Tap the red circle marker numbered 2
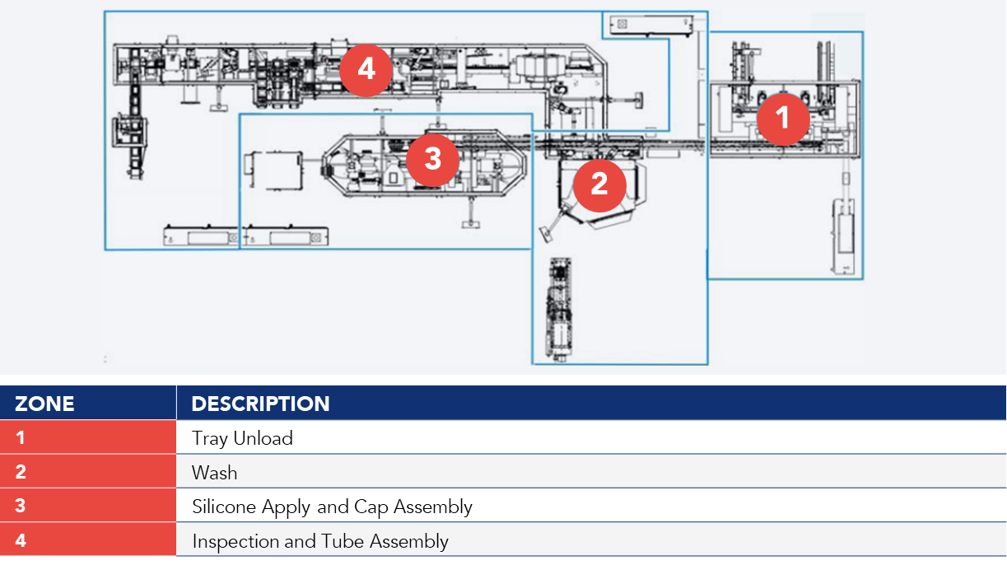click(599, 184)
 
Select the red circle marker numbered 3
click(432, 159)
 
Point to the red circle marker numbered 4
click(366, 69)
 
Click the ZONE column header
click(44, 404)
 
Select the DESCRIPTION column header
click(260, 404)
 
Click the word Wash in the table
click(214, 473)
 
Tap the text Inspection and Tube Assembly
click(320, 541)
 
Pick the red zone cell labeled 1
click(88, 438)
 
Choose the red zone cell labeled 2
click(88, 472)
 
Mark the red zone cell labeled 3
click(88, 506)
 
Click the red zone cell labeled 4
click(88, 540)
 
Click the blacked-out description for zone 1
click(590, 438)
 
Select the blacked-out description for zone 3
click(590, 506)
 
